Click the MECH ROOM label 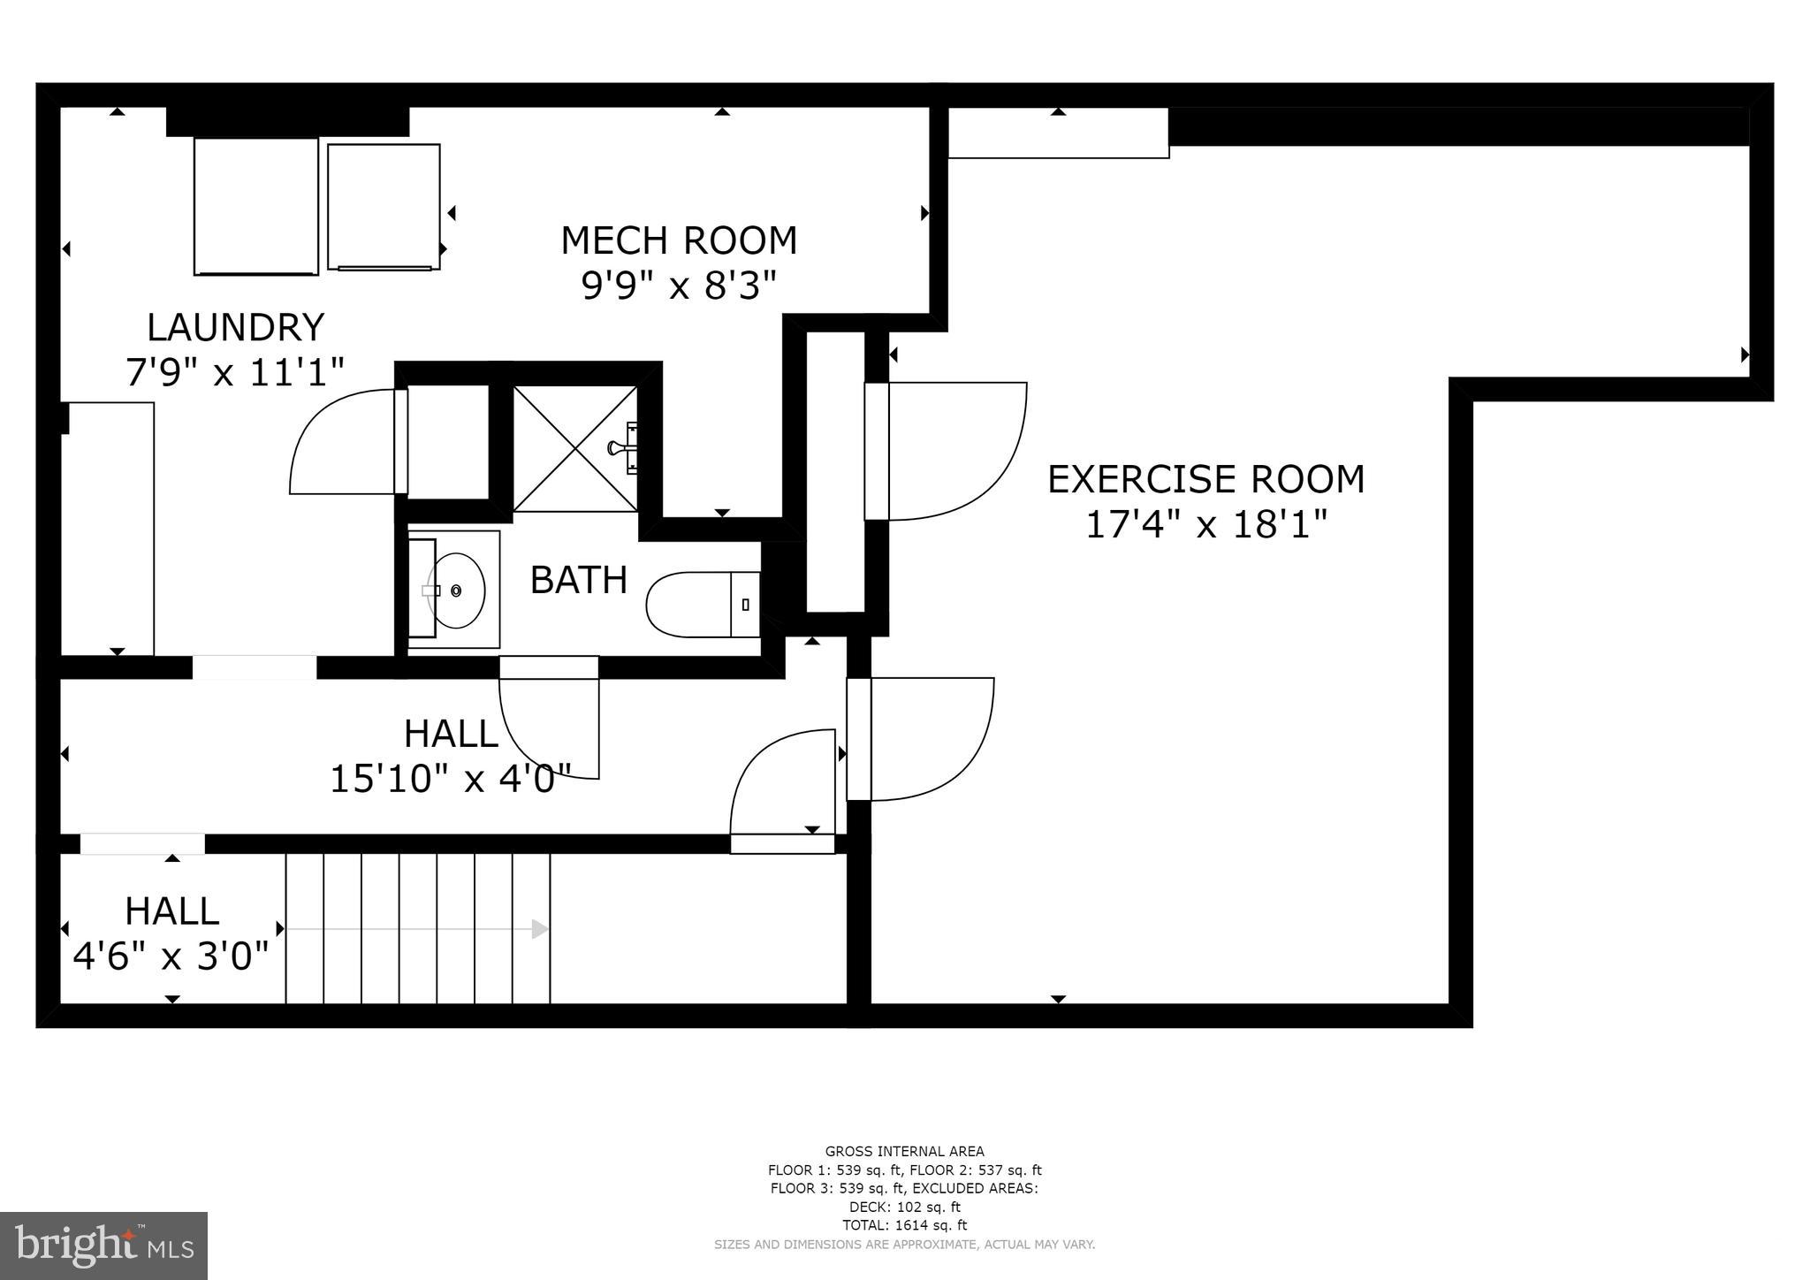(679, 240)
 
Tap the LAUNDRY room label (235, 328)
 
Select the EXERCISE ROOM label (1205, 479)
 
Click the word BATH (579, 581)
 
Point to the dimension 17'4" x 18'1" (1205, 525)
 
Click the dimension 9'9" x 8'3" (679, 286)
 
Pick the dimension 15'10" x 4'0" (451, 780)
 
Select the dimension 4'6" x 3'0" (171, 956)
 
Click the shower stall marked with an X (574, 448)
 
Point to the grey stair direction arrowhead (539, 929)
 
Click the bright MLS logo (103, 1246)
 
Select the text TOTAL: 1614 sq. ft (904, 1225)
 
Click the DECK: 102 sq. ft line (904, 1207)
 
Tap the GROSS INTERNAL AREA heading (904, 1151)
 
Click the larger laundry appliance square (256, 206)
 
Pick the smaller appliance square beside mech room (384, 206)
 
